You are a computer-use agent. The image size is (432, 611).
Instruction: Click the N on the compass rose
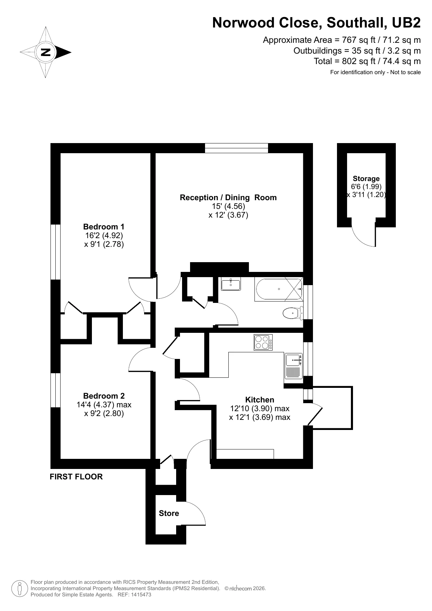point(46,53)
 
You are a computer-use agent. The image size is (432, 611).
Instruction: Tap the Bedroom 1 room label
point(104,227)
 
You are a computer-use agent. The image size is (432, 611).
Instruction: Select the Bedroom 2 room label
point(104,396)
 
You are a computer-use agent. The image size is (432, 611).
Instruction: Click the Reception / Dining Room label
point(228,197)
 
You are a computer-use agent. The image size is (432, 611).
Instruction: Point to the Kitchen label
point(260,400)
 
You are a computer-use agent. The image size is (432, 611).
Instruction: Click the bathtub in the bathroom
point(278,289)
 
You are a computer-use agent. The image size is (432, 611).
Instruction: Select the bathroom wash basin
point(231,284)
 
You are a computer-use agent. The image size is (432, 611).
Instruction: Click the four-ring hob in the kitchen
point(263,342)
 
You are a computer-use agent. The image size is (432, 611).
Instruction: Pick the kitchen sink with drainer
point(293,366)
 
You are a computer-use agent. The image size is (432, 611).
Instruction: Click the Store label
point(169,513)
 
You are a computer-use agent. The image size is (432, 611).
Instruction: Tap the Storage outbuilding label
point(366,179)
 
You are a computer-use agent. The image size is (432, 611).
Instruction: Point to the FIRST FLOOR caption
point(76,477)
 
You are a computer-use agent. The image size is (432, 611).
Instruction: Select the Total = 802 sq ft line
point(367,61)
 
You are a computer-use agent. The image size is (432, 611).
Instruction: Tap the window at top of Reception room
point(236,148)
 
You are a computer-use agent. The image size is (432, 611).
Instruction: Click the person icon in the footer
point(19,588)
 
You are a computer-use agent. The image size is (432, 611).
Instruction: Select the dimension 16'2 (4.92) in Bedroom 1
point(104,235)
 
